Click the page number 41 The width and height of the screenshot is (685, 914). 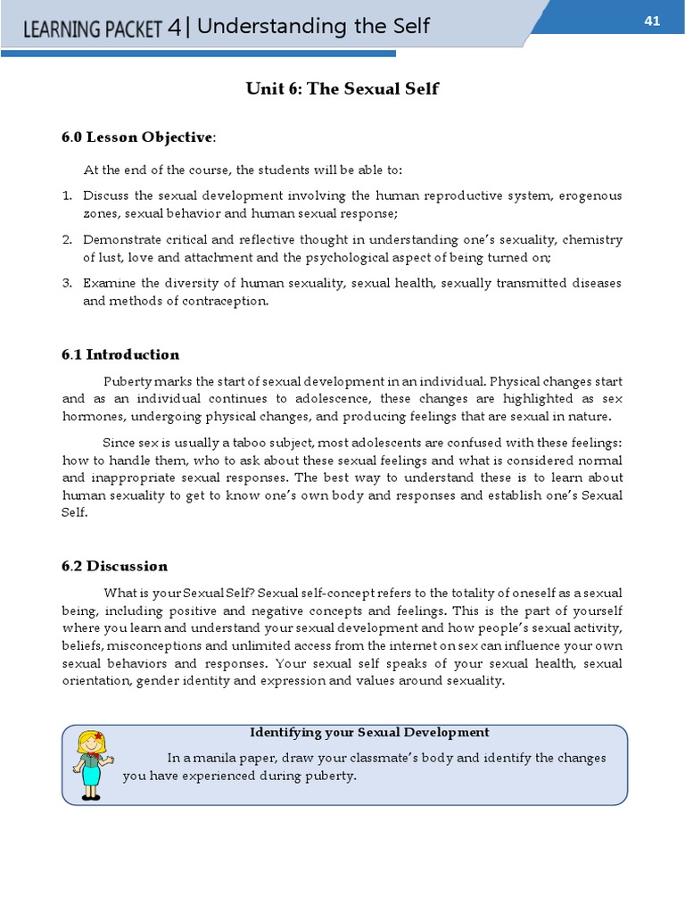click(x=651, y=21)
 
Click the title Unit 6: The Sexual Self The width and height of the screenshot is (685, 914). click(x=342, y=89)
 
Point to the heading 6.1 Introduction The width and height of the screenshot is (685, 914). click(x=120, y=354)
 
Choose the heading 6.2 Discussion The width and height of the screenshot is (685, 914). click(x=114, y=566)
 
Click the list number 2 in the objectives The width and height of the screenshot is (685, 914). click(x=67, y=240)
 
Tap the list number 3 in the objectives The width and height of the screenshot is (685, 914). click(x=67, y=283)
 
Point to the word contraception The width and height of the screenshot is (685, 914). click(x=227, y=301)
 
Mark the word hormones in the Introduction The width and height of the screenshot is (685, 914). click(x=92, y=416)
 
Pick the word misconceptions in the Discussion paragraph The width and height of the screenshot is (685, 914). click(x=167, y=646)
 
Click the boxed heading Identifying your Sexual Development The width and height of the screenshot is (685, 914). click(x=369, y=732)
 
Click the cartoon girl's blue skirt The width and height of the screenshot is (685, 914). click(x=91, y=776)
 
